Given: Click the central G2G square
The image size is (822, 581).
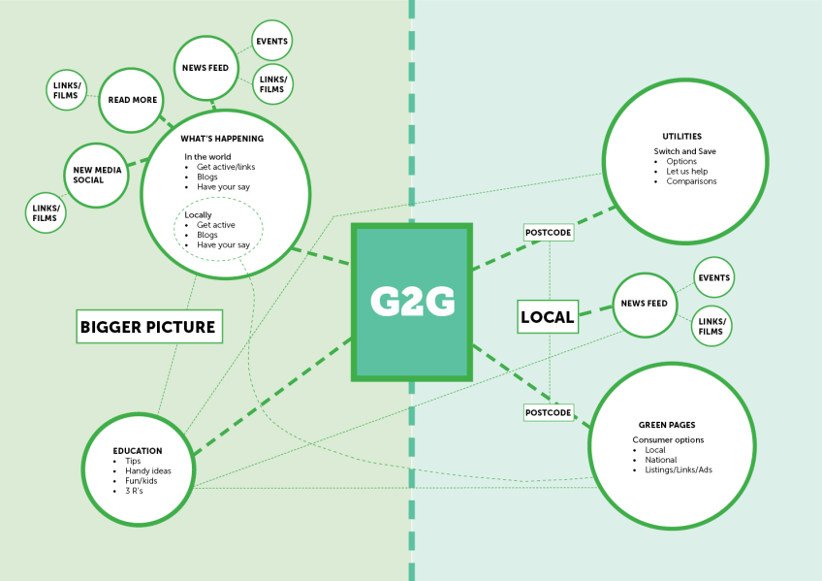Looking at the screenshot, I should pyautogui.click(x=412, y=301).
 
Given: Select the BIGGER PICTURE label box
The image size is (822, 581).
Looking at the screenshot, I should pyautogui.click(x=149, y=327).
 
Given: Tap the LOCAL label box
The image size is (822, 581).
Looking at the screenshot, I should pyautogui.click(x=548, y=316).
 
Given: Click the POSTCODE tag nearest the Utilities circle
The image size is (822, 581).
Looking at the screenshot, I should pyautogui.click(x=548, y=233).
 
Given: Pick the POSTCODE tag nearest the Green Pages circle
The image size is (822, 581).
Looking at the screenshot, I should pyautogui.click(x=548, y=412).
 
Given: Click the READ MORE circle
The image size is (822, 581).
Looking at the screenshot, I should pyautogui.click(x=132, y=100).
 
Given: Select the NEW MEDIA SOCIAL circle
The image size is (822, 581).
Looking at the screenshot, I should pyautogui.click(x=95, y=175).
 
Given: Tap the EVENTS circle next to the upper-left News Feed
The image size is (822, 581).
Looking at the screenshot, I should pyautogui.click(x=270, y=41).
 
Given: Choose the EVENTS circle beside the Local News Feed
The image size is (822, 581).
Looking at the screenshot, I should pyautogui.click(x=713, y=278).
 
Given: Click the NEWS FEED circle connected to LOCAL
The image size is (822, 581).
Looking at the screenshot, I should pyautogui.click(x=644, y=305).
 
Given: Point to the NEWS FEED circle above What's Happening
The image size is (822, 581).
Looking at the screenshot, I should pyautogui.click(x=205, y=67).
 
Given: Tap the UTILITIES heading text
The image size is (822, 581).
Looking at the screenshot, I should pyautogui.click(x=681, y=137).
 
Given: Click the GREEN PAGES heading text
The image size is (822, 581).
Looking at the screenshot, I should pyautogui.click(x=666, y=425).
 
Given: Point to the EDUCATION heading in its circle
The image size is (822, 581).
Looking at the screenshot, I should pyautogui.click(x=138, y=451).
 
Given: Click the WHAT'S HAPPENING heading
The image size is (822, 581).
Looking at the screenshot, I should pyautogui.click(x=222, y=139).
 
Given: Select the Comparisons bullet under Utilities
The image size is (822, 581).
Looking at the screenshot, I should pyautogui.click(x=691, y=181).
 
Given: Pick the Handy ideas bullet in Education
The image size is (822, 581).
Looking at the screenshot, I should pyautogui.click(x=147, y=471).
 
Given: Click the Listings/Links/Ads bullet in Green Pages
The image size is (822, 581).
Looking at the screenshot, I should pyautogui.click(x=678, y=469).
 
